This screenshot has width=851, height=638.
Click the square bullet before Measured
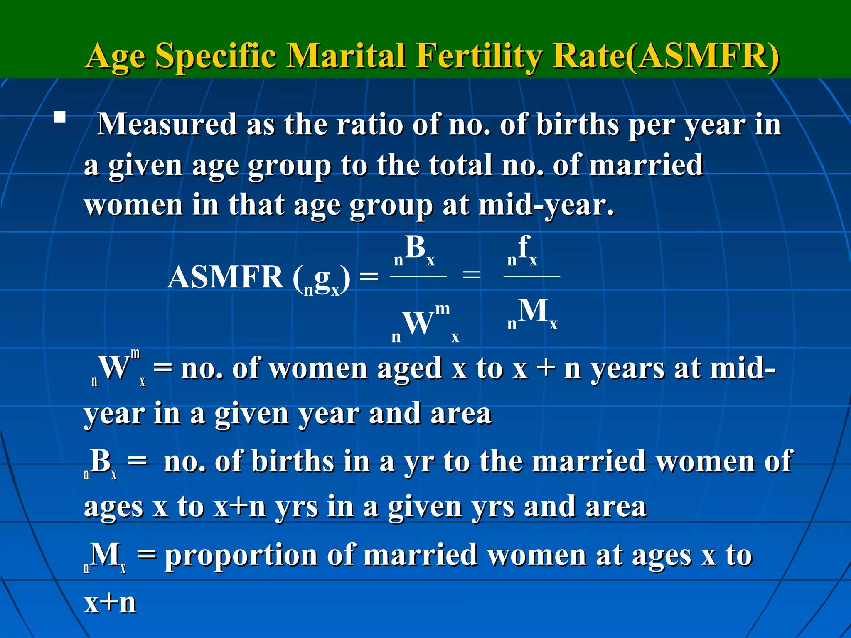pos(60,117)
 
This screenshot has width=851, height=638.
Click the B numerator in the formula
pos(416,248)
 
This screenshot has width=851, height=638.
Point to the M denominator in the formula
pos(533,312)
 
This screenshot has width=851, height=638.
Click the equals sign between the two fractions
pos(472,275)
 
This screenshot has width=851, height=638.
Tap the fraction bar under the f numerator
pos(531,276)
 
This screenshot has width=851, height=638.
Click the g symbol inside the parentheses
pos(322,279)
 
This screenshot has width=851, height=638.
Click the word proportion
pos(241,555)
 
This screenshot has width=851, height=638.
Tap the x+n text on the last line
pos(110,603)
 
